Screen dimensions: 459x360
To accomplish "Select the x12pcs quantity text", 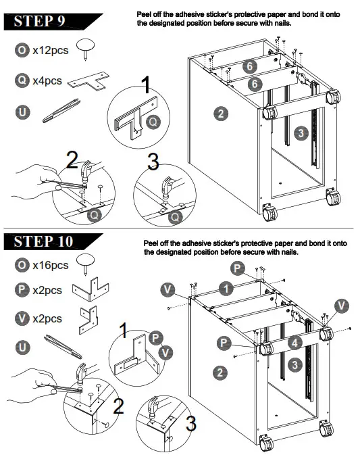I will click(51, 50).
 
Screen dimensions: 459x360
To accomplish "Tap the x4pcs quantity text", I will click(47, 80).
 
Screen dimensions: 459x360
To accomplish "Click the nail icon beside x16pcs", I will click(86, 264).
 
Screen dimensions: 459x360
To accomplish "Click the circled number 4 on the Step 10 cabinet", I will click(294, 342).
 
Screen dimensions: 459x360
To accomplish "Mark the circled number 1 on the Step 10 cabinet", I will click(227, 289).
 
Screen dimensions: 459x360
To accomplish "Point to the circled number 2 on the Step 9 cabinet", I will click(220, 113).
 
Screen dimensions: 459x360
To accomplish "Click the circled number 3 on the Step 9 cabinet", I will click(301, 133).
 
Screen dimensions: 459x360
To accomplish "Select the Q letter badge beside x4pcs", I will click(22, 80).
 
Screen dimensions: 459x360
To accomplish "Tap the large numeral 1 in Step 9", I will click(145, 86).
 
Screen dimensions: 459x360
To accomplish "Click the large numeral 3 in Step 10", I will click(192, 424).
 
